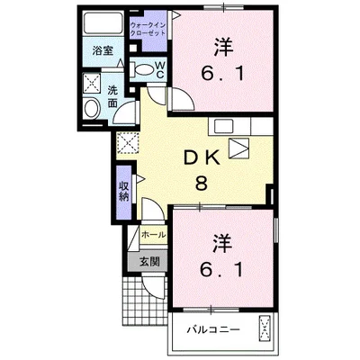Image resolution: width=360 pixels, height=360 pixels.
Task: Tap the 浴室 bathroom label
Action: (x=103, y=52)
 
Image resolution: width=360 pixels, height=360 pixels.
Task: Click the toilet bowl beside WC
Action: (x=142, y=69)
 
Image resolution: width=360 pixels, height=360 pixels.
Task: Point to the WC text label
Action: (x=159, y=69)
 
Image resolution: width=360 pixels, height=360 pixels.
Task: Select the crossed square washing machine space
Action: (x=92, y=83)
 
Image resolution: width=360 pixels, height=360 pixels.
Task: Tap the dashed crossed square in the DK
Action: (x=127, y=142)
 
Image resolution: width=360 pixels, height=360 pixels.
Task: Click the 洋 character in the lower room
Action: (x=220, y=243)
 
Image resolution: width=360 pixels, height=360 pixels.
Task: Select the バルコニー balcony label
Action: (x=212, y=330)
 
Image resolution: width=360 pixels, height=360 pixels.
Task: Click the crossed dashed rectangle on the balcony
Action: (x=266, y=330)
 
